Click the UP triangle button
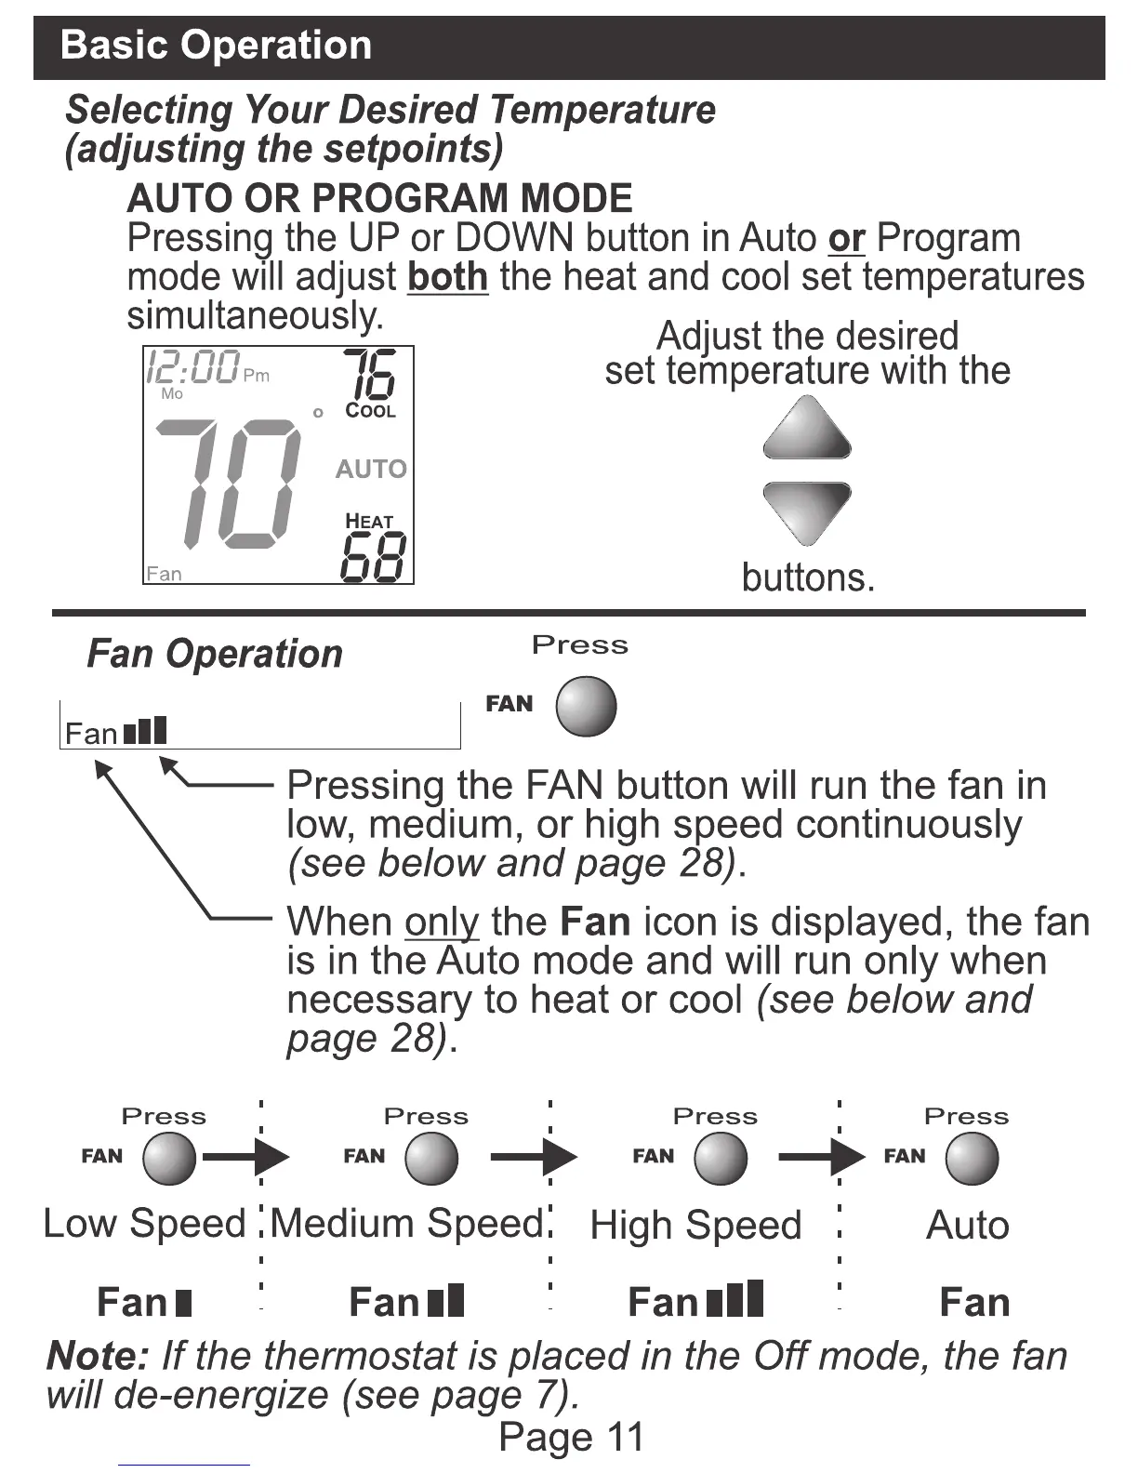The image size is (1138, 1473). tap(807, 430)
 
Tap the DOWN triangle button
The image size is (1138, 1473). tap(807, 510)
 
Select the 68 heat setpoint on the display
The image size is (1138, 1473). tap(373, 558)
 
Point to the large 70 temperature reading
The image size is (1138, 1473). tap(228, 484)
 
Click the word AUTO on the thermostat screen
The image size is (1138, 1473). tap(371, 469)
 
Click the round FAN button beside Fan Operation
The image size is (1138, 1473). tap(586, 706)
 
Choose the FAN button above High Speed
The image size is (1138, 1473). tap(721, 1159)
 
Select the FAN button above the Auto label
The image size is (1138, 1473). tap(972, 1159)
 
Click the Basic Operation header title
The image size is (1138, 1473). tap(216, 46)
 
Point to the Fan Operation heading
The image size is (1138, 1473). tap(215, 654)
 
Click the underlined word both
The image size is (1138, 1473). tap(447, 277)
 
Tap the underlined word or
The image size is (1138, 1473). tap(846, 238)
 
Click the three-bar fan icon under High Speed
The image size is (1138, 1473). tap(734, 1299)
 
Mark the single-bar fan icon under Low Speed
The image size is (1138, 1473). tap(182, 1302)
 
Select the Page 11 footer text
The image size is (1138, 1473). tap(571, 1437)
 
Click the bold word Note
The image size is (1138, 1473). tap(97, 1356)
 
